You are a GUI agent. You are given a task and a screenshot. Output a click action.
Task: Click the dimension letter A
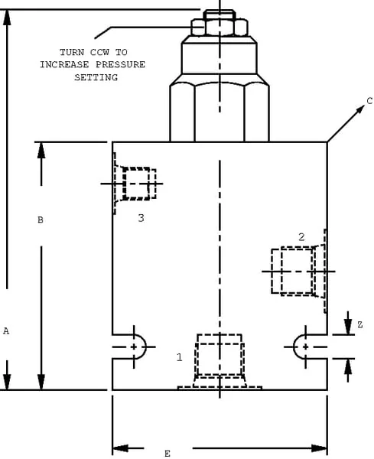6,331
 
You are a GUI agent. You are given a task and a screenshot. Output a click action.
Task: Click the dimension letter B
41,220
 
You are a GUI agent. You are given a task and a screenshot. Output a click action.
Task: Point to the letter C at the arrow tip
369,101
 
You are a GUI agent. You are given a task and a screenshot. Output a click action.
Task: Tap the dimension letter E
167,454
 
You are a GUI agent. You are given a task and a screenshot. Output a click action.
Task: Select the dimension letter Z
360,324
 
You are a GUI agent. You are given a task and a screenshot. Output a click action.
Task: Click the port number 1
180,357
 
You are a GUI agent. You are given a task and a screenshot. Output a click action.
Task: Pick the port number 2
301,237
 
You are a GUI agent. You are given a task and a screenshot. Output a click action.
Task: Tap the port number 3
141,218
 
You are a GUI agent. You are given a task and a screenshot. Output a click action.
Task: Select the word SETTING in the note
96,77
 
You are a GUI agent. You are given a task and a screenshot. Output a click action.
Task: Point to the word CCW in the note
99,52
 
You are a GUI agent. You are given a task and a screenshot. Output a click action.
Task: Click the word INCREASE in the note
64,64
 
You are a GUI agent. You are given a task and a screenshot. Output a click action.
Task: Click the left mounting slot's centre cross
134,347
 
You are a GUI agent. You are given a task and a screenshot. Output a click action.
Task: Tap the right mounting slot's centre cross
305,347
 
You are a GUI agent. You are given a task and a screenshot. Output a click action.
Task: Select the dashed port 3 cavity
135,184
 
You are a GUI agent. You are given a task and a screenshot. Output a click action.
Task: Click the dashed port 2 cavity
298,271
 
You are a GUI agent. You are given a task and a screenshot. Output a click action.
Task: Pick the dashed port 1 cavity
220,362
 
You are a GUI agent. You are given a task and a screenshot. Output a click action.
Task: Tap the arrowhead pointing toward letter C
360,109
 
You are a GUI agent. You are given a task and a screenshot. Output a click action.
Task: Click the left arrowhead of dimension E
120,448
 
